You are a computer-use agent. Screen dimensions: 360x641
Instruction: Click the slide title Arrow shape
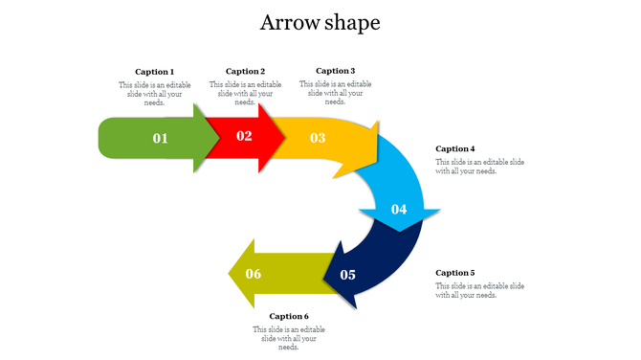[x=320, y=23]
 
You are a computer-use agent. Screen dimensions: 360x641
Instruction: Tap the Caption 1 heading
[x=154, y=72]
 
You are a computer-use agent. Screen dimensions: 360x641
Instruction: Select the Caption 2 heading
[x=245, y=72]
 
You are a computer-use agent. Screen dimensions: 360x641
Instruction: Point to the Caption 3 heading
[x=335, y=71]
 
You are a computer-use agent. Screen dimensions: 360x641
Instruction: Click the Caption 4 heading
[x=455, y=149]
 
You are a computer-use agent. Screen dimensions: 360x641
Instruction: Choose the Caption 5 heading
[x=455, y=273]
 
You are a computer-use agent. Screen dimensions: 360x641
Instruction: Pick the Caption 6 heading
[x=289, y=316]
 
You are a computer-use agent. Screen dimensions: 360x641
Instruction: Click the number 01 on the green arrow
[x=160, y=139]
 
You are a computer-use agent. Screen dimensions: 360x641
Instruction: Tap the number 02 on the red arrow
[x=244, y=136]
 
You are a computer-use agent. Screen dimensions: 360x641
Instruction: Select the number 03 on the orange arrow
[x=318, y=139]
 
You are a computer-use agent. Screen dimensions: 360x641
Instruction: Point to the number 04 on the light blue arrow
[x=399, y=210]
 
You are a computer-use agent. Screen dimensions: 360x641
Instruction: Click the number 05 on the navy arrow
[x=347, y=276]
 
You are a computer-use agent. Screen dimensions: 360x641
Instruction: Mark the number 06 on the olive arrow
[x=254, y=275]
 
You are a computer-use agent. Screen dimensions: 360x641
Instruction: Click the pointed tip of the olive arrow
[x=230, y=275]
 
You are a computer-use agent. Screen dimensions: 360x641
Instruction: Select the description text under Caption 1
[x=154, y=93]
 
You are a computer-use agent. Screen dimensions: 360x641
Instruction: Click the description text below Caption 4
[x=479, y=167]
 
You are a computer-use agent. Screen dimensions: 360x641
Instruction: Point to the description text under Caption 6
[x=289, y=338]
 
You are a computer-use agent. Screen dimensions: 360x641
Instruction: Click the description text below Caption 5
[x=479, y=290]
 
